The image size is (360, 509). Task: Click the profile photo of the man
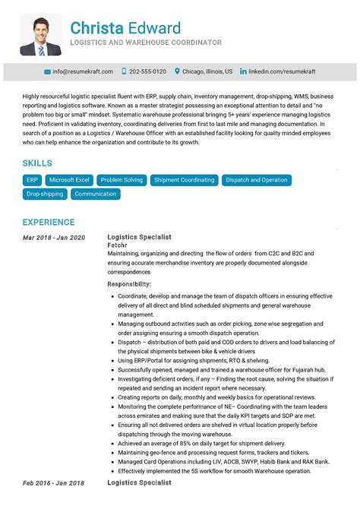pos(41,35)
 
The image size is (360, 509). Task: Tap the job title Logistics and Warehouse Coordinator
pos(146,43)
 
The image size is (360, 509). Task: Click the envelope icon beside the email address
pos(47,71)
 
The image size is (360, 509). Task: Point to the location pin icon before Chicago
pos(177,71)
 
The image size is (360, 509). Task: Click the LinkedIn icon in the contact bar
pos(243,71)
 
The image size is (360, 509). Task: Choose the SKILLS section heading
pos(37,163)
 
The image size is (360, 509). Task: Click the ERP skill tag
pos(32,180)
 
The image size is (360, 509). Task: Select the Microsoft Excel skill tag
pos(69,180)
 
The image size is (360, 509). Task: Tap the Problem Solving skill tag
pos(122,180)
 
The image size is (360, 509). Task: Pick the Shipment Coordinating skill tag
pos(184,180)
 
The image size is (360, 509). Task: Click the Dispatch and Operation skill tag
pos(257,180)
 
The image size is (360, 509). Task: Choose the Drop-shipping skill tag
pos(45,194)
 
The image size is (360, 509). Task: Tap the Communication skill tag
pos(96,194)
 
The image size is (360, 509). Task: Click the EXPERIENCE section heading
pos(49,223)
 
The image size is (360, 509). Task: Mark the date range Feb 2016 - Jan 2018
pos(53,482)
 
